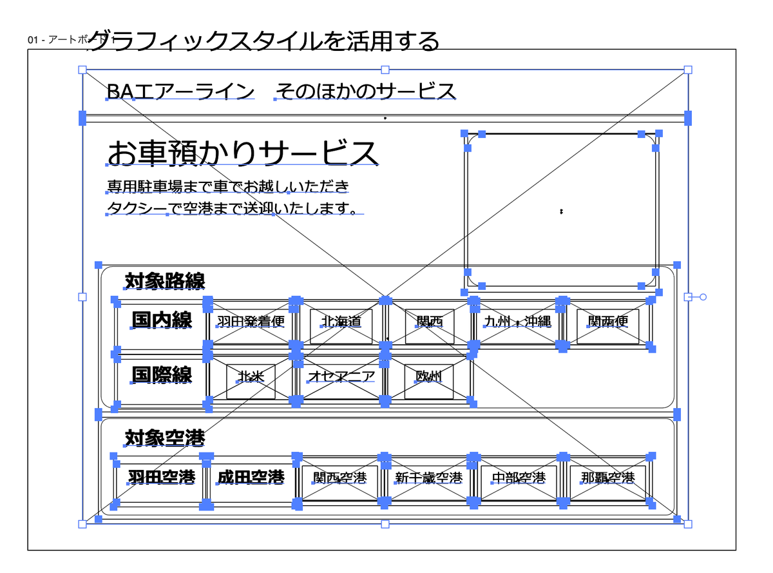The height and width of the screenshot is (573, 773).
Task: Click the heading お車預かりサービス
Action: tap(242, 153)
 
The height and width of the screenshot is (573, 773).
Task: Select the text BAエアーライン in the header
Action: tap(180, 92)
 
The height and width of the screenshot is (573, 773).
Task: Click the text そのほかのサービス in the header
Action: tap(366, 92)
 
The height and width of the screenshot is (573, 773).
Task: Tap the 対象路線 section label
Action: tap(165, 281)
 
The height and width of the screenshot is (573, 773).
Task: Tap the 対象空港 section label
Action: tap(165, 438)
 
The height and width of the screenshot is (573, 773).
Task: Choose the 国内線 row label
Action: tap(162, 320)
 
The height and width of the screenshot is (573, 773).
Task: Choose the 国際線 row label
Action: tap(162, 374)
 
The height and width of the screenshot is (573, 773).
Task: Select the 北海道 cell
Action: tap(341, 321)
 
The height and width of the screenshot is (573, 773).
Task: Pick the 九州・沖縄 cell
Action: tap(518, 321)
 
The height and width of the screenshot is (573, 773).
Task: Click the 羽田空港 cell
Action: tap(161, 477)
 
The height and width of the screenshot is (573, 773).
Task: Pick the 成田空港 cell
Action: tap(251, 477)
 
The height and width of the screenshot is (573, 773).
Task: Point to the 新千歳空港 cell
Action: tap(429, 478)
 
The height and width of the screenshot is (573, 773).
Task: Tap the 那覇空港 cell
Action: tap(607, 478)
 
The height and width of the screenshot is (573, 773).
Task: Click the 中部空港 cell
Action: tap(518, 478)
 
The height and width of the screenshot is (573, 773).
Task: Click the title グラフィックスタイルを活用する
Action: tap(264, 41)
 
